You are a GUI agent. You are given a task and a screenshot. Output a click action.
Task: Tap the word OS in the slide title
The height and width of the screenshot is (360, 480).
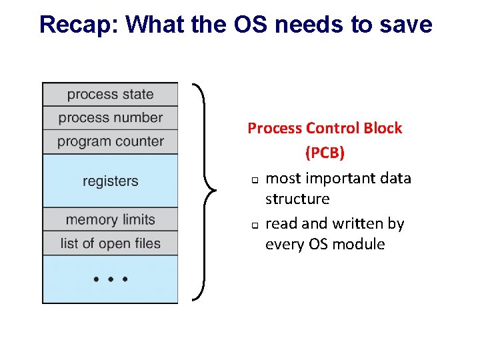pyautogui.click(x=250, y=25)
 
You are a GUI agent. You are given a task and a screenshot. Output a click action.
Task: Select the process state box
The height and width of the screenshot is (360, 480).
pyautogui.click(x=110, y=94)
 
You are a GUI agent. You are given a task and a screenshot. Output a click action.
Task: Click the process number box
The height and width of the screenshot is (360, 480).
pyautogui.click(x=110, y=118)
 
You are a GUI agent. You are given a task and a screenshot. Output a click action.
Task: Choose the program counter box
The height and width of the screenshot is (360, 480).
pyautogui.click(x=110, y=141)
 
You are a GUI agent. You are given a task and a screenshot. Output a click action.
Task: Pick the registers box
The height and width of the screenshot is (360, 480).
pyautogui.click(x=110, y=181)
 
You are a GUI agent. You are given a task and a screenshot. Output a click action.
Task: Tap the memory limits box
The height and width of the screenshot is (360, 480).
pyautogui.click(x=110, y=219)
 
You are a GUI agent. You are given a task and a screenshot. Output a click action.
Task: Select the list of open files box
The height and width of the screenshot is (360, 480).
pyautogui.click(x=110, y=243)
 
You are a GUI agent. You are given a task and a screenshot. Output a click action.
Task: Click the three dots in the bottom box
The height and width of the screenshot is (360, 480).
pyautogui.click(x=111, y=279)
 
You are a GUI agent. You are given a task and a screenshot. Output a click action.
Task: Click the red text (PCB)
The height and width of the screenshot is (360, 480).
pyautogui.click(x=325, y=153)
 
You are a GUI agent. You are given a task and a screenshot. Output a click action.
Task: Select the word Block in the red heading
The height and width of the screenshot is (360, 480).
pyautogui.click(x=384, y=128)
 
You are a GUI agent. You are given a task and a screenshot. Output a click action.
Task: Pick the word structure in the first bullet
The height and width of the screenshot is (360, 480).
pyautogui.click(x=297, y=199)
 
